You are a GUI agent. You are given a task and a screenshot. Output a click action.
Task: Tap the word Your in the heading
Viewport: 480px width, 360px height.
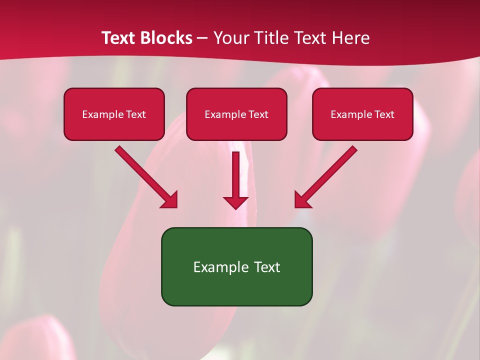coord(233,38)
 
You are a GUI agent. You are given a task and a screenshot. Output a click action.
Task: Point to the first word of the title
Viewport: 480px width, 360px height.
coord(120,38)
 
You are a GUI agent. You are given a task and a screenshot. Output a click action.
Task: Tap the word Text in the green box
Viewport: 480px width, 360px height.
coord(266,267)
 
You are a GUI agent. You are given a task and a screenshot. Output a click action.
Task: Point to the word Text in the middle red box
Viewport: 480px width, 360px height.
coord(258,114)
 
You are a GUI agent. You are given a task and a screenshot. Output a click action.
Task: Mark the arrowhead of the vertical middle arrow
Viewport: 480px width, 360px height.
coord(235,202)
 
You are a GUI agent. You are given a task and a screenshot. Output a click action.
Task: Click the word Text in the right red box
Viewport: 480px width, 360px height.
coord(384,114)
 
